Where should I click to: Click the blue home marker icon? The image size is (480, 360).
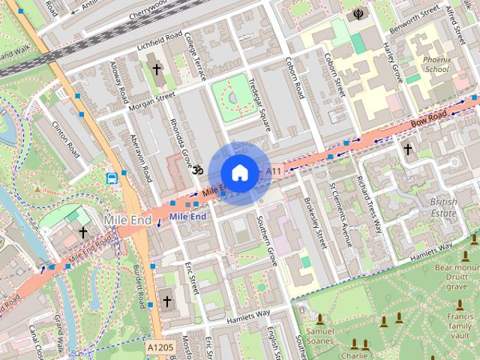click(x=238, y=173)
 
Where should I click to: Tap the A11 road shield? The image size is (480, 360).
click(x=275, y=172)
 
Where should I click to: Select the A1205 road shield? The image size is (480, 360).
click(x=158, y=348)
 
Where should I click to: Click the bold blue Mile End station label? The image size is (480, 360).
click(x=187, y=217)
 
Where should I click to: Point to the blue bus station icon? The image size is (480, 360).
click(x=112, y=178)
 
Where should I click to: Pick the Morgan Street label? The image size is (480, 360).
click(x=151, y=100)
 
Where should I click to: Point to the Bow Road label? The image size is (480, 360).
click(x=430, y=117)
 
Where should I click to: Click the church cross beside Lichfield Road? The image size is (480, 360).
click(x=157, y=70)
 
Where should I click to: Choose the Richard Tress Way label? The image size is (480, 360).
click(x=370, y=205)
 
